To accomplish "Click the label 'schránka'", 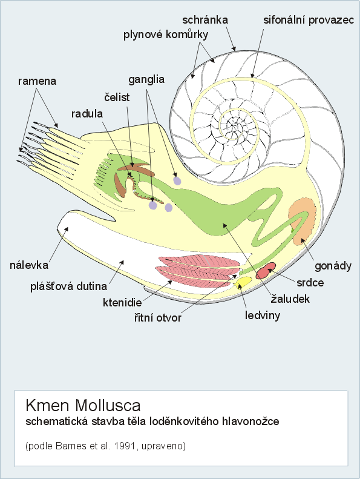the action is coord(205,20).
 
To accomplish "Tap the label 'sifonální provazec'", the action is coord(309,20).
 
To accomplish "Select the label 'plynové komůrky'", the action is coord(166,35).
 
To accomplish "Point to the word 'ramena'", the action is coord(37,81).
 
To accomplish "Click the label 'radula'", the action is coord(87,114).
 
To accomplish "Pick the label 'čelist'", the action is coord(117,97).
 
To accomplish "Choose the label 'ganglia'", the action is coord(146,80).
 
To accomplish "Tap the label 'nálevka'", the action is coord(29,265).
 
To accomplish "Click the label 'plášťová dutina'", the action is coord(69,286).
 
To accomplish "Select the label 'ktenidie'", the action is coord(122,302).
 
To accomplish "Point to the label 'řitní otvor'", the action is coord(157,318).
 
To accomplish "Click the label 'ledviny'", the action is coord(263,315).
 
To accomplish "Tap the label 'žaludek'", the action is coord(290,299).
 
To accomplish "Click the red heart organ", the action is coord(266,270).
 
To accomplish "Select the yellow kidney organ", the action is coord(243,282).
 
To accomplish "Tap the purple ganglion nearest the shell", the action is coord(177,180).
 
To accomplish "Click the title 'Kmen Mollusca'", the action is coord(83,405).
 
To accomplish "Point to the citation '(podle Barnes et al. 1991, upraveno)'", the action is coord(106,446).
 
